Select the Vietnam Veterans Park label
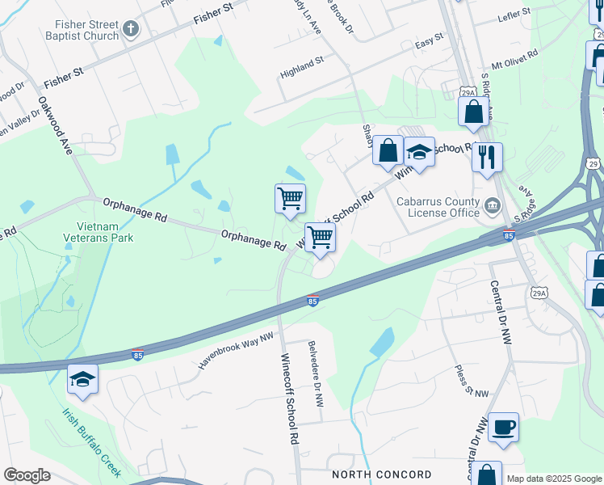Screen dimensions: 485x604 pyautogui.click(x=99, y=232)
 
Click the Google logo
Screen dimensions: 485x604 pyautogui.click(x=27, y=475)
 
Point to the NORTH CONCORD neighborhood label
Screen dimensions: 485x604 pyautogui.click(x=381, y=474)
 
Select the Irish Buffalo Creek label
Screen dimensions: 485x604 pyautogui.click(x=91, y=441)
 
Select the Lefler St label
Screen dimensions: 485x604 pyautogui.click(x=514, y=13)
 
